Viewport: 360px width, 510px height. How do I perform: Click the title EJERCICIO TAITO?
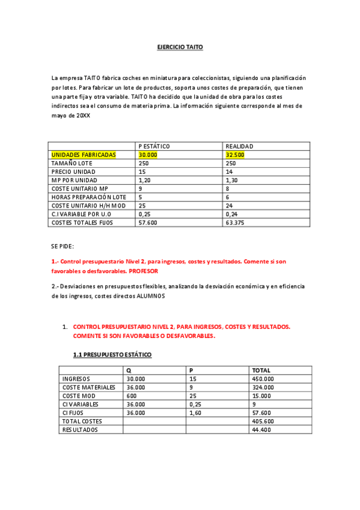pos(180,46)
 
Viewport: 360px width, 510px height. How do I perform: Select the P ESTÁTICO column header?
pos(154,146)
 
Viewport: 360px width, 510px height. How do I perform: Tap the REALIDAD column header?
pos(239,146)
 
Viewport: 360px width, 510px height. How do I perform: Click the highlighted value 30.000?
pos(148,155)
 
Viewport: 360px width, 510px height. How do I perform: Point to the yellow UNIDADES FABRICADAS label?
pos(84,155)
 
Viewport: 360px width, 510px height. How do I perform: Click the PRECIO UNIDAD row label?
pos(74,171)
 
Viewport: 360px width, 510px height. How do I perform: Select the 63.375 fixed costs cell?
pos(235,223)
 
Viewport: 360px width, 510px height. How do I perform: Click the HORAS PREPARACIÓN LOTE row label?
pos(89,197)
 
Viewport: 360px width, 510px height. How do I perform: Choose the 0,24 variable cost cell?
pos(231,214)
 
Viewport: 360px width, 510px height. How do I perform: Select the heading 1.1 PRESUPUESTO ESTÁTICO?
pos(112,355)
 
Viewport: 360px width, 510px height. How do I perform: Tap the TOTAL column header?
pos(261,370)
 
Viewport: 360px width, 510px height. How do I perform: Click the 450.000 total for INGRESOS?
pos(263,379)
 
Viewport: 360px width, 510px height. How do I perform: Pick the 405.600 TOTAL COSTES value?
pos(263,421)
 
